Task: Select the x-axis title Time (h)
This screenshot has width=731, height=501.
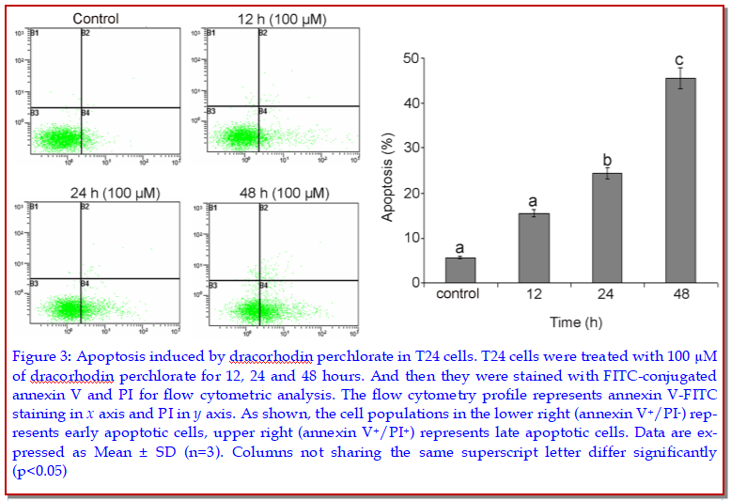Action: tap(569, 322)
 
